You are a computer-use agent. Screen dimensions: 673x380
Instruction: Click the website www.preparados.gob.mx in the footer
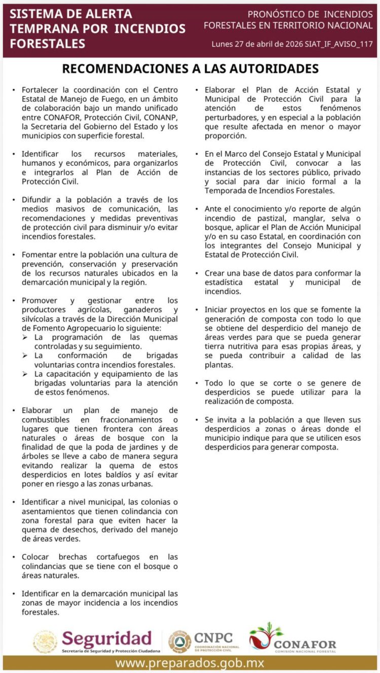pyautogui.click(x=189, y=663)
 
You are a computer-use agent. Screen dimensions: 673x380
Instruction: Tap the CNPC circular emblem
pyautogui.click(x=180, y=642)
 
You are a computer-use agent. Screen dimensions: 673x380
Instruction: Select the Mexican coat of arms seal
pyautogui.click(x=45, y=642)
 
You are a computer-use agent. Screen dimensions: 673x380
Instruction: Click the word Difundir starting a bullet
pyautogui.click(x=37, y=200)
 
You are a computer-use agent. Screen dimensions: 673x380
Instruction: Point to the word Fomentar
pyautogui.click(x=40, y=255)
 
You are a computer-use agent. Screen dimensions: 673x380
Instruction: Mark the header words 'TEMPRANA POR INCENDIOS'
pyautogui.click(x=98, y=28)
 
